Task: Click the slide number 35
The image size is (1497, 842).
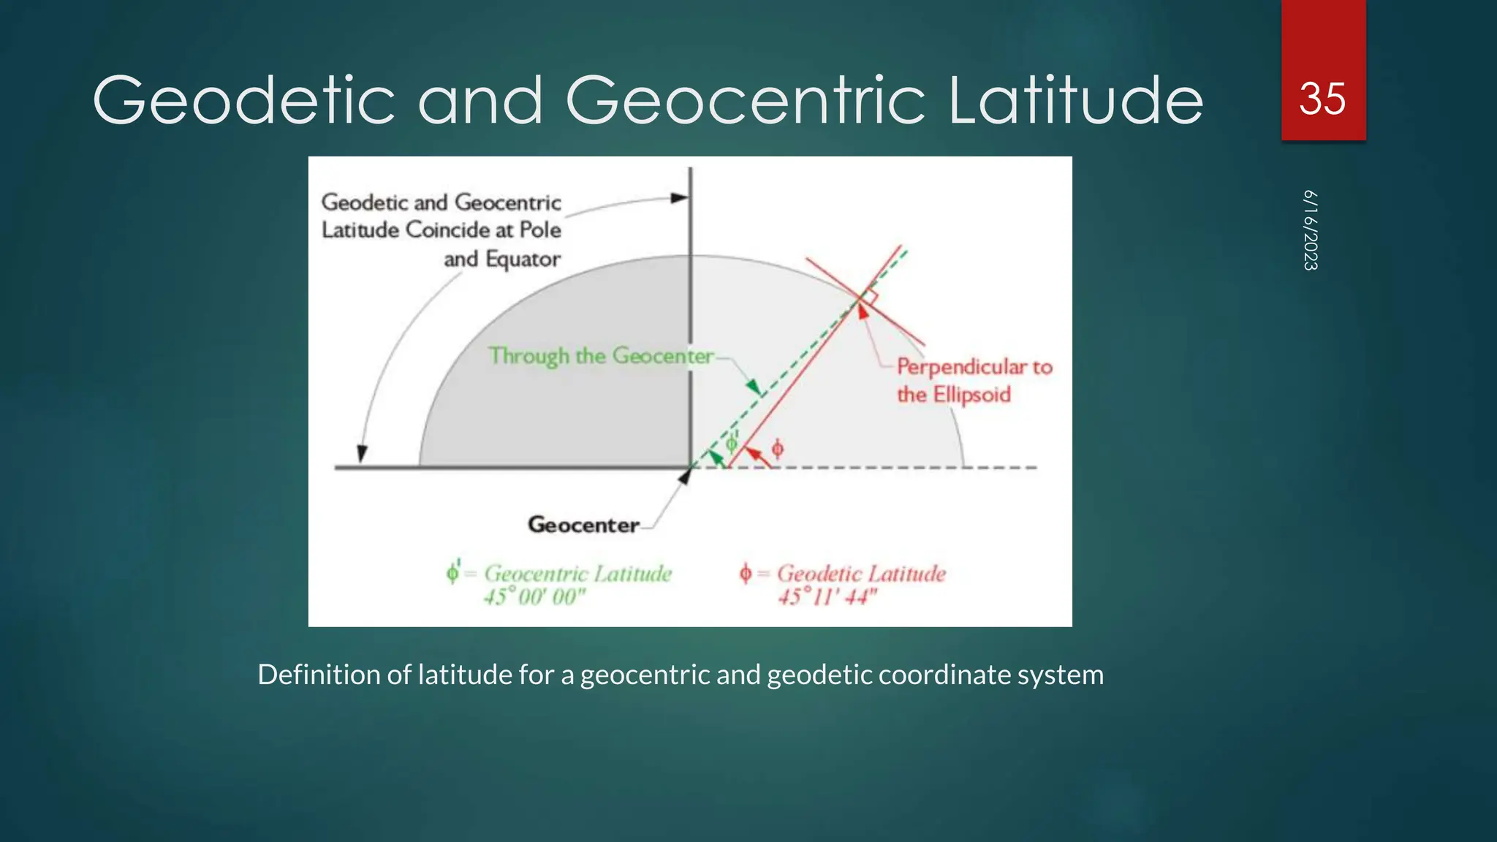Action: (1322, 99)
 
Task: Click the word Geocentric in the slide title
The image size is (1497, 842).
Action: (745, 100)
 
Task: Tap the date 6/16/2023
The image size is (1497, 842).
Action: (1311, 230)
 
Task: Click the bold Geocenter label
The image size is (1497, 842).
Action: (583, 525)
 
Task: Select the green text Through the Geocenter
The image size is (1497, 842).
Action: (601, 356)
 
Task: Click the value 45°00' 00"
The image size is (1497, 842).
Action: (535, 597)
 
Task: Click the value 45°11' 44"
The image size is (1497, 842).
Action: (827, 597)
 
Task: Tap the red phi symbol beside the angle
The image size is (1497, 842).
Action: (778, 448)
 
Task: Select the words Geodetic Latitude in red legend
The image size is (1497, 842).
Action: (861, 574)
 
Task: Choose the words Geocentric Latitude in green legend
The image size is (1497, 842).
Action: (577, 574)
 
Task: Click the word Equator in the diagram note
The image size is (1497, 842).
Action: (523, 259)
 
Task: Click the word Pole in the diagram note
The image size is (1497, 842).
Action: (540, 230)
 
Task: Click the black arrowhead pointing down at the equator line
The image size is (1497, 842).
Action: (361, 454)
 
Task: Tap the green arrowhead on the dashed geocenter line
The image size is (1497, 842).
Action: (752, 387)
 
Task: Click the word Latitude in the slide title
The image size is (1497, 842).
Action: (1075, 100)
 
